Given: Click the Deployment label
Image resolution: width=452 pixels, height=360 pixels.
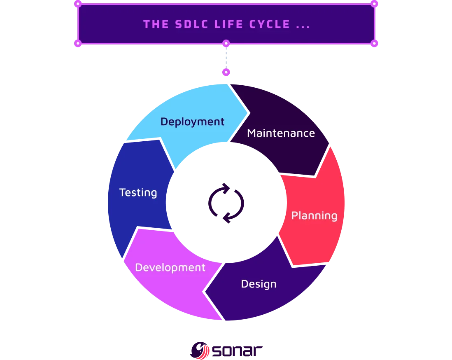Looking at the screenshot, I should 192,122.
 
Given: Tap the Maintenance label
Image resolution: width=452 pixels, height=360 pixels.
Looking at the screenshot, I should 281,133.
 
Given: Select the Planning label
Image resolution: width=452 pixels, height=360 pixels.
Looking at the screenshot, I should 314,215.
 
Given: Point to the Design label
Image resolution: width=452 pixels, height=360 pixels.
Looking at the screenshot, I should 259,284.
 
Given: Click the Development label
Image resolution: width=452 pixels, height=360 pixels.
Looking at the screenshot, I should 170,267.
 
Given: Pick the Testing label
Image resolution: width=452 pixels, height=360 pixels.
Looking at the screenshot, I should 138,192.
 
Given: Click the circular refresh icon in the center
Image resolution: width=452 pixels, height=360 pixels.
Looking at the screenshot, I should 226,203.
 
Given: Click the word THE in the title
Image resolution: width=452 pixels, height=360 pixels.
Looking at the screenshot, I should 156,24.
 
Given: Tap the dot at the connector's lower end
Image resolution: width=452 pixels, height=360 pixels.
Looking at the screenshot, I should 226,72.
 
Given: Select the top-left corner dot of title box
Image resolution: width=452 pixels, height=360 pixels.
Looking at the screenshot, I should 77,4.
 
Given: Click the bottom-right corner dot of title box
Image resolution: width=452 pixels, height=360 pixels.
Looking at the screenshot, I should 374,43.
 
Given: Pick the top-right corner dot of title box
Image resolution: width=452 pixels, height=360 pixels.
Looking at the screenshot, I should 374,4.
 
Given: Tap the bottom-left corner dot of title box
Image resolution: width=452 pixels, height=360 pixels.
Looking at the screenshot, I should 77,43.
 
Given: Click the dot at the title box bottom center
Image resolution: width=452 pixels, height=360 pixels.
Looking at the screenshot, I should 226,43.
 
